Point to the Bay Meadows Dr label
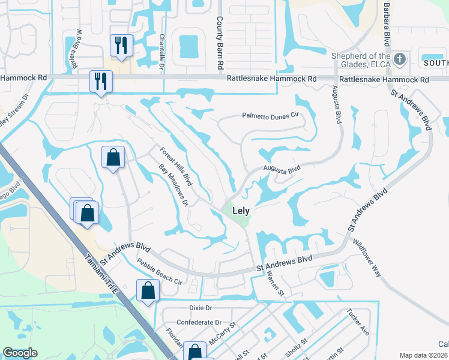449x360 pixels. [173, 185]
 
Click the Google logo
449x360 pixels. [20, 353]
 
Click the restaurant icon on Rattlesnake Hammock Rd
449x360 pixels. [100, 81]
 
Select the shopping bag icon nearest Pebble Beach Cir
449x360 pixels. [148, 291]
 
